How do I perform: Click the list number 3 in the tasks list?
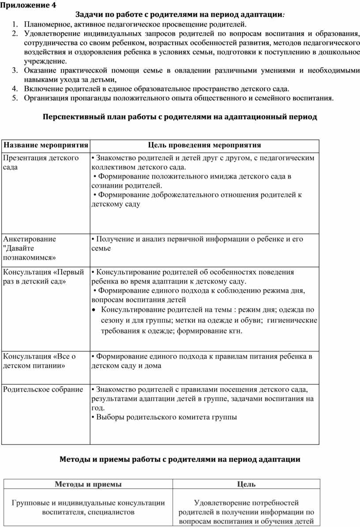pos(15,70)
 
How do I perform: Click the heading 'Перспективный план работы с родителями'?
pos(180,117)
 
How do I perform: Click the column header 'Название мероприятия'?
pos(45,145)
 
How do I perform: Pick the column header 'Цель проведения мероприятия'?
pos(204,145)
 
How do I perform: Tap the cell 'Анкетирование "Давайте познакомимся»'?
pos(33,248)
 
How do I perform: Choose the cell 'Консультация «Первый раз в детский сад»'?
pos(43,277)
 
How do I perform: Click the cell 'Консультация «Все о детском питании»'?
pos(39,361)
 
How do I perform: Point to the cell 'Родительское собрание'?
pos(43,389)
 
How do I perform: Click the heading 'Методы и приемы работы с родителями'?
pos(180,460)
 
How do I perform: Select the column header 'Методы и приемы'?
pos(88,484)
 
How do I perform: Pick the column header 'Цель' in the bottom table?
pos(246,484)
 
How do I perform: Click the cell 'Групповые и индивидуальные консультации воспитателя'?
pos(88,507)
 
